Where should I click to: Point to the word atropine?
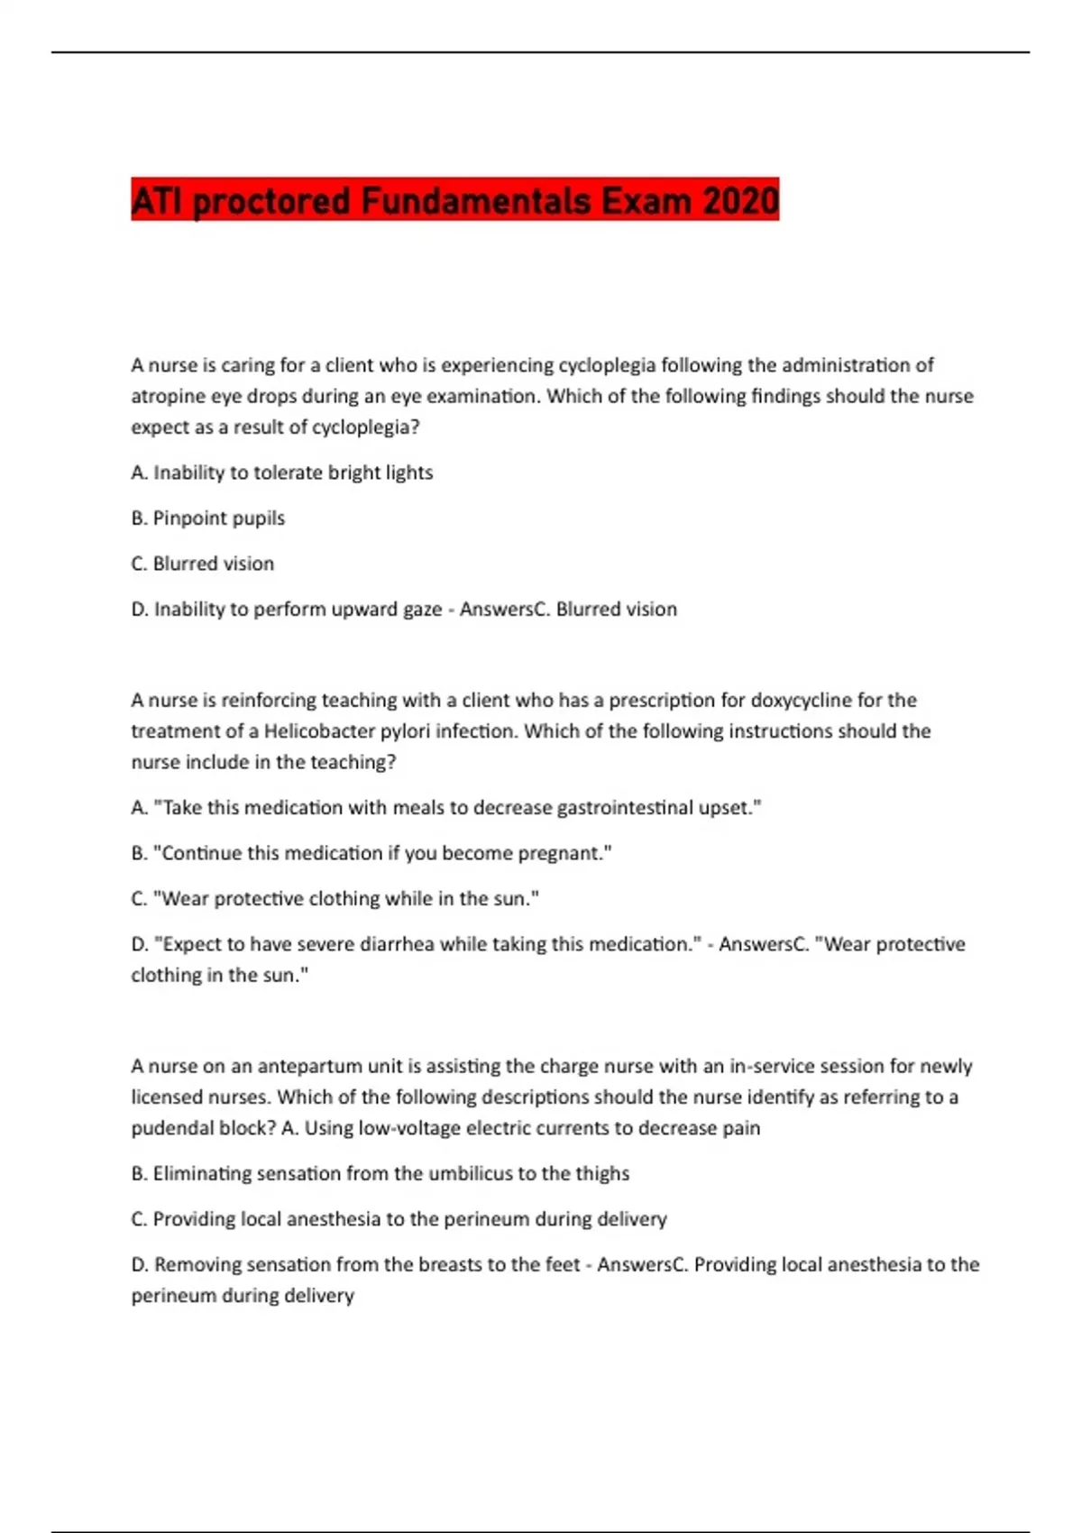point(169,396)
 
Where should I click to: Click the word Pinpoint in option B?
point(187,518)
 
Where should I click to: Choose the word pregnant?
point(564,852)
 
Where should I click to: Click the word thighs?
point(602,1173)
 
